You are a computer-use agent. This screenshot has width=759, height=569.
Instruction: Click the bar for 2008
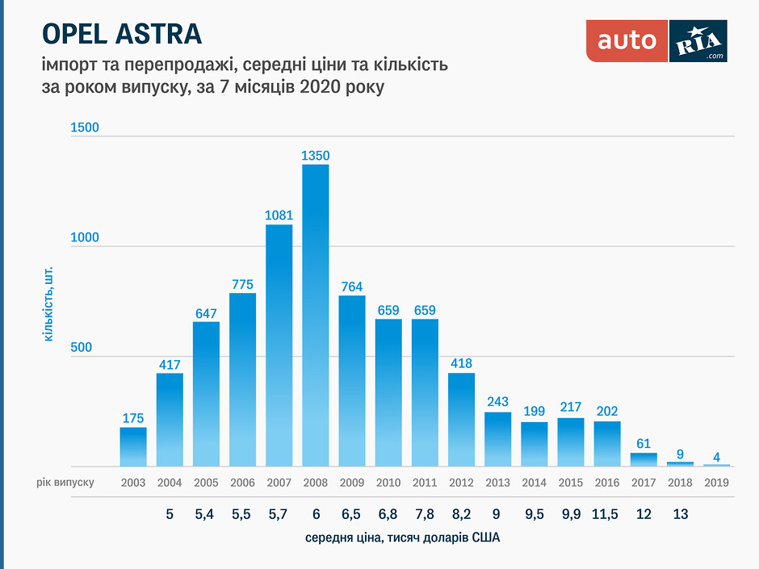(316, 315)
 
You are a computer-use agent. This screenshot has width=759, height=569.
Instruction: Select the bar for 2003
(133, 446)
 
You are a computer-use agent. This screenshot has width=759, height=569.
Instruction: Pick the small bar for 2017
(644, 459)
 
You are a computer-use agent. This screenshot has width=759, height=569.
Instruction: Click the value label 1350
(316, 155)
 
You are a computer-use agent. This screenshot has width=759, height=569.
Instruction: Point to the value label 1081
(279, 215)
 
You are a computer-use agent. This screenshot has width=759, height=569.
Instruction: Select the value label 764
(352, 287)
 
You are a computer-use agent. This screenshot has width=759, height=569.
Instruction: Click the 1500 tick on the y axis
(85, 128)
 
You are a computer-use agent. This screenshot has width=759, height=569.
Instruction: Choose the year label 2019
(716, 483)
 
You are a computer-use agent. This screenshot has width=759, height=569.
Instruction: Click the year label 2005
(206, 483)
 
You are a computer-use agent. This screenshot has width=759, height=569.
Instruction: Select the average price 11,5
(607, 513)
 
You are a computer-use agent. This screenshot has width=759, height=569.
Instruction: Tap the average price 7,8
(425, 513)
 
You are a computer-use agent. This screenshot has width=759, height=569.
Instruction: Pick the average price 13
(680, 513)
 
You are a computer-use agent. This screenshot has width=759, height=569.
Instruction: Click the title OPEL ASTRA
(122, 33)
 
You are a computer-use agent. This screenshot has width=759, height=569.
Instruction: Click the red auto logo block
(627, 40)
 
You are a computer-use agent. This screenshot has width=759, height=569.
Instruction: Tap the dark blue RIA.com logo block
(698, 41)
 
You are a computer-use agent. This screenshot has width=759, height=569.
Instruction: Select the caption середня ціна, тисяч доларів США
(402, 538)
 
